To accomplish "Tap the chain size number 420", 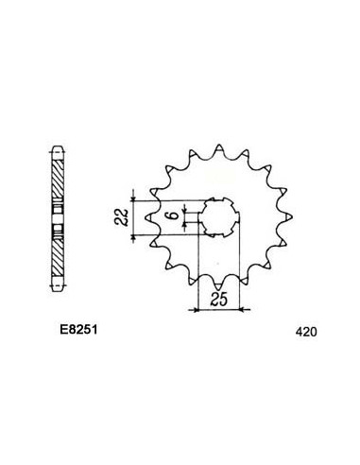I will click(x=305, y=333).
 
